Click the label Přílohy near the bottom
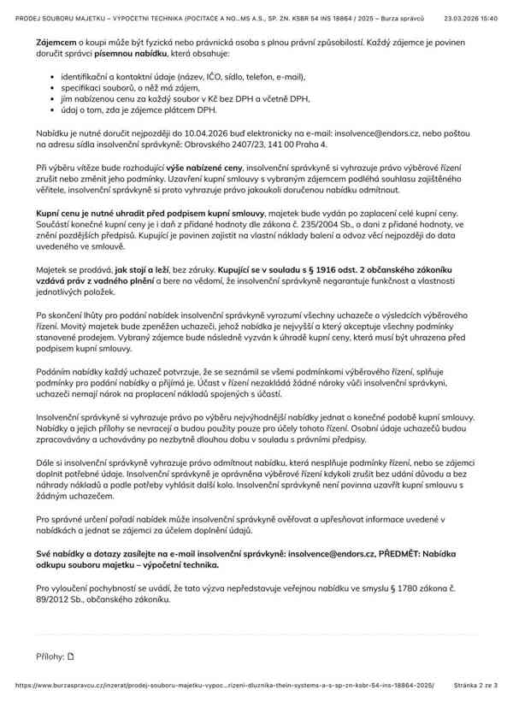click(50, 657)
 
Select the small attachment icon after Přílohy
click(71, 657)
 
